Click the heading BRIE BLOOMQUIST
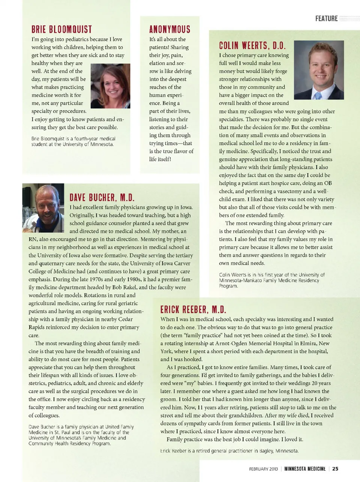(x=61, y=29)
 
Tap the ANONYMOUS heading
(x=169, y=29)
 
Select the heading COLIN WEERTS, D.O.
(x=252, y=46)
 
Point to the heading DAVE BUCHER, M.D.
(x=102, y=197)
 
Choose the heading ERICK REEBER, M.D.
(x=193, y=310)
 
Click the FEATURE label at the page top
(x=326, y=18)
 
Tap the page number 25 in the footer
(x=335, y=468)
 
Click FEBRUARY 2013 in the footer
(x=264, y=469)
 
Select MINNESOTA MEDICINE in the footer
(x=304, y=468)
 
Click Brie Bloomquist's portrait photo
(x=111, y=86)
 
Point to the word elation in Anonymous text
(x=157, y=63)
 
